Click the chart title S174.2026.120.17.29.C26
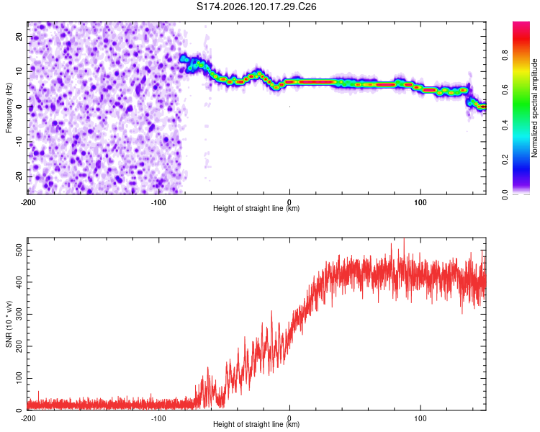256,6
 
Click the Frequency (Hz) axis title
9,108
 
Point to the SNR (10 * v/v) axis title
9,324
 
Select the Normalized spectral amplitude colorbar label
534,108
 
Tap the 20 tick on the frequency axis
19,37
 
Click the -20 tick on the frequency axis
19,176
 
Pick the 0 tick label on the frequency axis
19,107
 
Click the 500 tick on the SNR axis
19,250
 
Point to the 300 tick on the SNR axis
19,314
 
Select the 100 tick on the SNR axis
19,378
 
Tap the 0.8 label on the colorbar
505,55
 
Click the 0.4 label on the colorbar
505,125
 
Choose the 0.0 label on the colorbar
505,195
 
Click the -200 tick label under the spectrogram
28,202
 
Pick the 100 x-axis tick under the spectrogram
420,202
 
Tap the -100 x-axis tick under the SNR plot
158,418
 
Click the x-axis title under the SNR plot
256,424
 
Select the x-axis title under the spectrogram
256,208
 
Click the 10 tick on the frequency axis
19,72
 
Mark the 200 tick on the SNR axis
19,346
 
